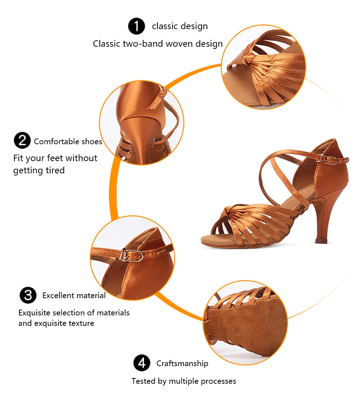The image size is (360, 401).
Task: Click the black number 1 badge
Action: (x=136, y=26)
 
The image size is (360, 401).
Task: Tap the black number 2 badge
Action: (x=22, y=141)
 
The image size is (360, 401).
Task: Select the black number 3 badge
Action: (x=28, y=295)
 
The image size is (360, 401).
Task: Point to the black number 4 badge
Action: (x=142, y=363)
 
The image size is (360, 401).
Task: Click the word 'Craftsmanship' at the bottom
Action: (x=182, y=363)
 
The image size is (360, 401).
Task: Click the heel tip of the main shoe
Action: (x=321, y=241)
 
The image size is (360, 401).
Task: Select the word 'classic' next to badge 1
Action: (x=165, y=26)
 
